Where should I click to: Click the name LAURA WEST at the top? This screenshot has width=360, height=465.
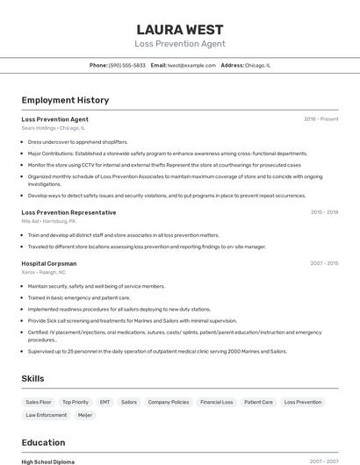tap(180, 30)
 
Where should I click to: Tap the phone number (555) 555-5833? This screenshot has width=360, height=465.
tap(127, 65)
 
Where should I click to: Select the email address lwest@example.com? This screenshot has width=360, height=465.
tap(192, 65)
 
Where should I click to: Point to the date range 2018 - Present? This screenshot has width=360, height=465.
tap(320, 119)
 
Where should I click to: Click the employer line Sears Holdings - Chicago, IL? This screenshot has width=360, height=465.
tap(53, 128)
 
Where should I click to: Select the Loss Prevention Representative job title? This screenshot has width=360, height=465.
tap(68, 212)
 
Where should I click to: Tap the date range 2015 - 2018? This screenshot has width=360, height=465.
tap(324, 212)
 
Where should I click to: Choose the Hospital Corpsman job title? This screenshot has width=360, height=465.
tap(49, 263)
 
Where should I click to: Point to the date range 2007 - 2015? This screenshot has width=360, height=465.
tap(324, 263)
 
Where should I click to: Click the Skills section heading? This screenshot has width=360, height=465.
tap(33, 378)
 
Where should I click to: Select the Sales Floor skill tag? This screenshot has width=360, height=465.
tap(39, 402)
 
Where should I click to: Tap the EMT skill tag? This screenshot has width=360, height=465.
tap(104, 402)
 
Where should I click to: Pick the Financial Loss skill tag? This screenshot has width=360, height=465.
tap(216, 402)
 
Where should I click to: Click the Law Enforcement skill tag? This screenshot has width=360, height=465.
tap(46, 415)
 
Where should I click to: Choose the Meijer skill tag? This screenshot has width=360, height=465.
tap(85, 415)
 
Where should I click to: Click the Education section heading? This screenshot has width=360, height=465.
tap(44, 442)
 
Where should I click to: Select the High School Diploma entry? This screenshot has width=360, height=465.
tap(47, 461)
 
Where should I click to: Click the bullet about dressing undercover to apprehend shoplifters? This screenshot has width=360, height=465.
tap(77, 141)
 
